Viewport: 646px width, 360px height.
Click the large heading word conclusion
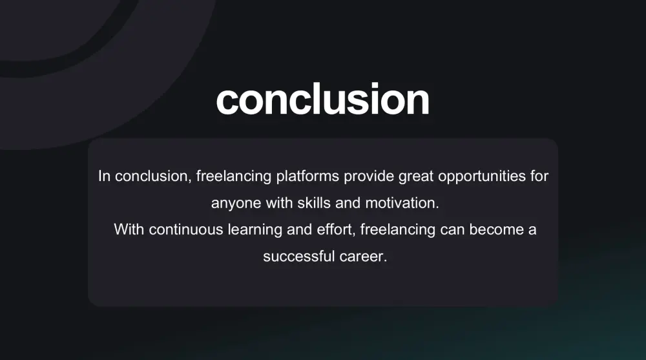tap(322, 99)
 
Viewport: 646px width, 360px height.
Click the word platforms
tap(307, 176)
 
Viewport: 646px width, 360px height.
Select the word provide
tap(369, 176)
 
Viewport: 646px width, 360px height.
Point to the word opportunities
tap(482, 176)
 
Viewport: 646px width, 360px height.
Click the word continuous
tap(186, 229)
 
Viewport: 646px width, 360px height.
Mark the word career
tap(363, 257)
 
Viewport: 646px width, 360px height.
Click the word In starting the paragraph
tap(104, 176)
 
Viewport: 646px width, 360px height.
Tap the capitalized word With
tap(129, 229)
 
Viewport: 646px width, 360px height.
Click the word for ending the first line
tap(539, 176)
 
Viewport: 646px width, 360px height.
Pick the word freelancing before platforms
tap(234, 176)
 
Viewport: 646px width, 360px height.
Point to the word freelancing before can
tap(397, 230)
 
